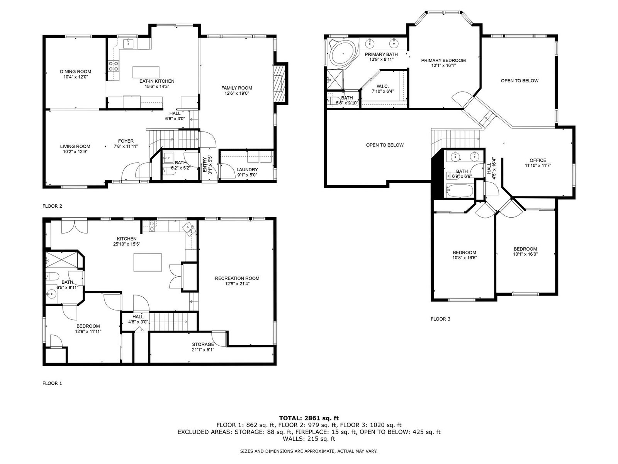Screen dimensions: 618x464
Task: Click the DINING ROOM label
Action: (x=75, y=72)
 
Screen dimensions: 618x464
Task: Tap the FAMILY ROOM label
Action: (x=236, y=88)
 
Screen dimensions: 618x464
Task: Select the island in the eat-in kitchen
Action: (x=146, y=72)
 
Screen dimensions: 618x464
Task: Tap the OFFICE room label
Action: (x=538, y=160)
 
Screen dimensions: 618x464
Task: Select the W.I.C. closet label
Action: (x=382, y=86)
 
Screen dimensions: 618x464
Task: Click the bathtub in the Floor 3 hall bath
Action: (x=459, y=191)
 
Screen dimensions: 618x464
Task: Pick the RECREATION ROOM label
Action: (x=237, y=278)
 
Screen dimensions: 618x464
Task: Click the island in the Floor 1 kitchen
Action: (x=148, y=262)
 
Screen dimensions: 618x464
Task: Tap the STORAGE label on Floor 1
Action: (x=203, y=344)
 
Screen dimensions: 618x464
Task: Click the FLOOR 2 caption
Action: (x=53, y=206)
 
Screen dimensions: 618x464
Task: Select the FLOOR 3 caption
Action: (x=440, y=319)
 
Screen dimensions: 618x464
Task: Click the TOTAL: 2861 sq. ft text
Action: (x=309, y=418)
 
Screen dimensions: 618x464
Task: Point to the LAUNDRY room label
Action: (x=247, y=170)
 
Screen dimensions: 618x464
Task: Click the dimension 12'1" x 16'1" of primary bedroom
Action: (x=443, y=65)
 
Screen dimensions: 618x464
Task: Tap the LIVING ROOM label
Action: (x=75, y=146)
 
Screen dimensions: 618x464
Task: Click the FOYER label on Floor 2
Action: (x=126, y=141)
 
